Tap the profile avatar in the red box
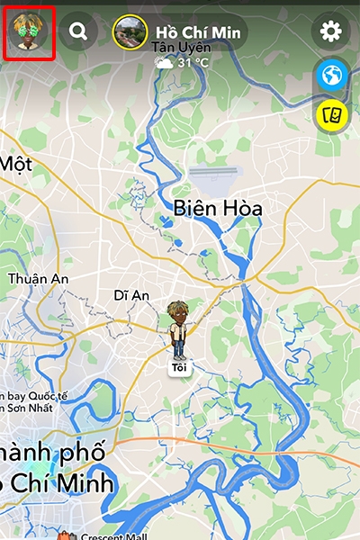pyautogui.click(x=29, y=32)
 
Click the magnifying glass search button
pyautogui.click(x=78, y=32)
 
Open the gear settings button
pyautogui.click(x=331, y=32)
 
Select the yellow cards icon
pyautogui.click(x=331, y=113)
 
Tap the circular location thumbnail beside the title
pyautogui.click(x=130, y=32)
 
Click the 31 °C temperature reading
pyautogui.click(x=194, y=63)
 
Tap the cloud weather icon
pyautogui.click(x=164, y=63)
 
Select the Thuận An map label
pyautogui.click(x=39, y=279)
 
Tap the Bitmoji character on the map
pyautogui.click(x=178, y=329)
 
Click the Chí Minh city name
pyautogui.click(x=63, y=483)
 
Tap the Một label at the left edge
pyautogui.click(x=16, y=164)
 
